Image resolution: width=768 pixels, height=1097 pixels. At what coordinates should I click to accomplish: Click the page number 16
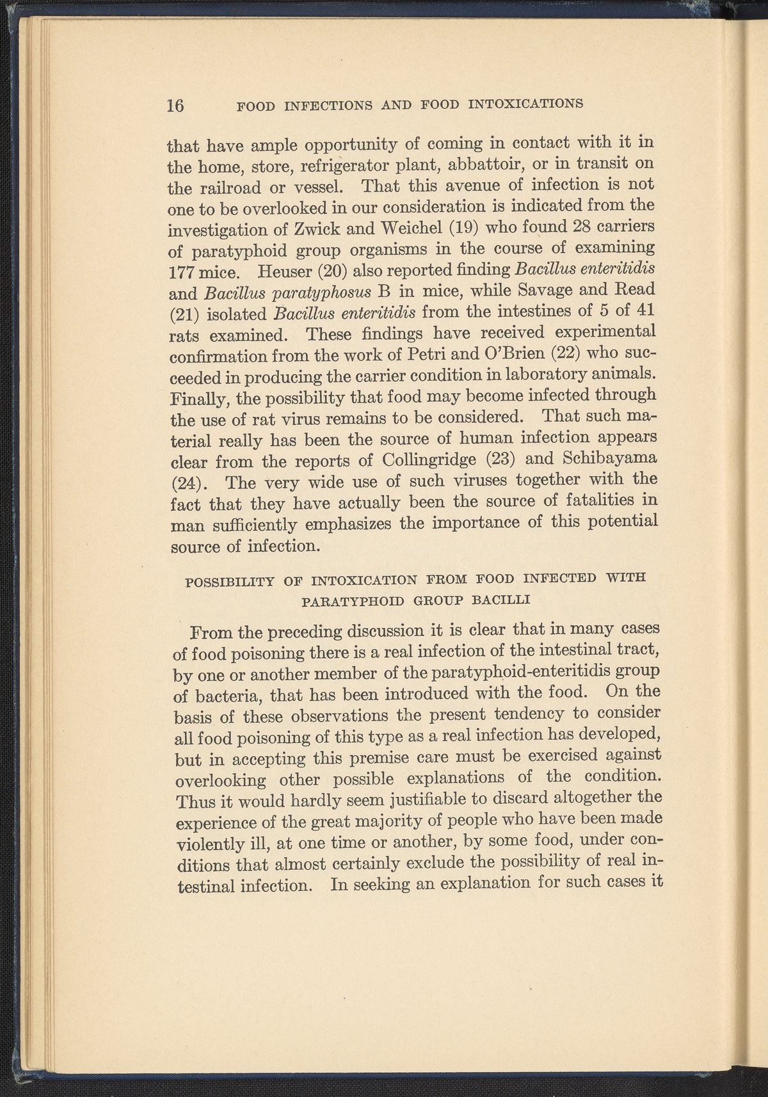(175, 105)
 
